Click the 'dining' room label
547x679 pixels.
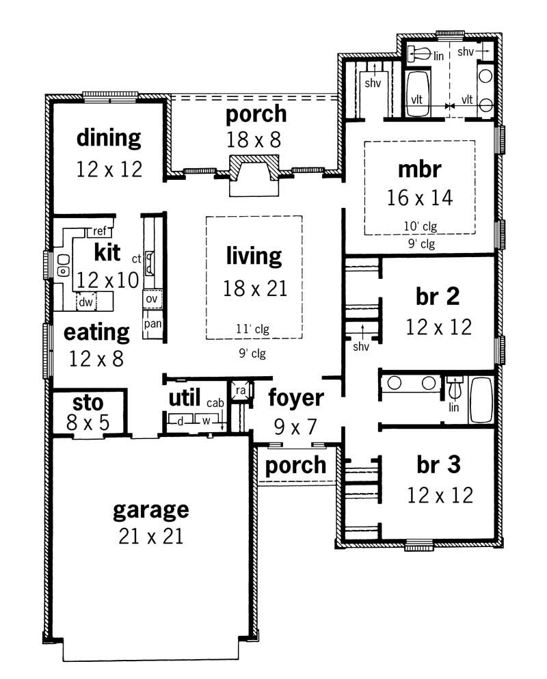tap(109, 137)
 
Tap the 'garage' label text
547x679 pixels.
tap(150, 509)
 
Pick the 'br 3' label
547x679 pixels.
tap(438, 464)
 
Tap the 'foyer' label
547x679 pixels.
tap(295, 397)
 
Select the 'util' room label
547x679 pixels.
tap(184, 397)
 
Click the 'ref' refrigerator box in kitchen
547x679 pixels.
tap(101, 231)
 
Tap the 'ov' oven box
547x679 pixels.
tap(151, 299)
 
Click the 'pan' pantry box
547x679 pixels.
tap(152, 323)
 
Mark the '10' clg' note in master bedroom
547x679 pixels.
tap(419, 225)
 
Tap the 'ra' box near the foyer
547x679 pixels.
tap(241, 390)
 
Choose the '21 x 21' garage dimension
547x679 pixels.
tap(150, 536)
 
